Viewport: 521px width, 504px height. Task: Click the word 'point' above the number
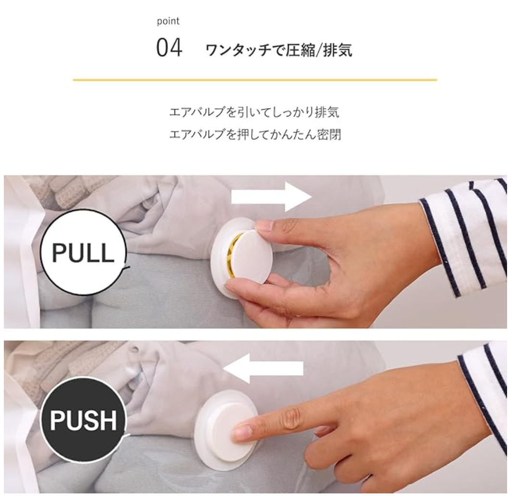click(168, 21)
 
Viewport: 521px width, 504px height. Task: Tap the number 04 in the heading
click(169, 48)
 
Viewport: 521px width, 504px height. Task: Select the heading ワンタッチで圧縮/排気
click(279, 50)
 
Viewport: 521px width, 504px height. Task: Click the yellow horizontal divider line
click(255, 80)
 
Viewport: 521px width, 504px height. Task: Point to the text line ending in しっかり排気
click(254, 112)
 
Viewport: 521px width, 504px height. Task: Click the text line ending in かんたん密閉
click(255, 135)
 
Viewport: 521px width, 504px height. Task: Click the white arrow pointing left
click(263, 368)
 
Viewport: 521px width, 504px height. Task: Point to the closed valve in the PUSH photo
click(226, 430)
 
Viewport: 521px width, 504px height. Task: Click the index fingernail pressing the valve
click(242, 433)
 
